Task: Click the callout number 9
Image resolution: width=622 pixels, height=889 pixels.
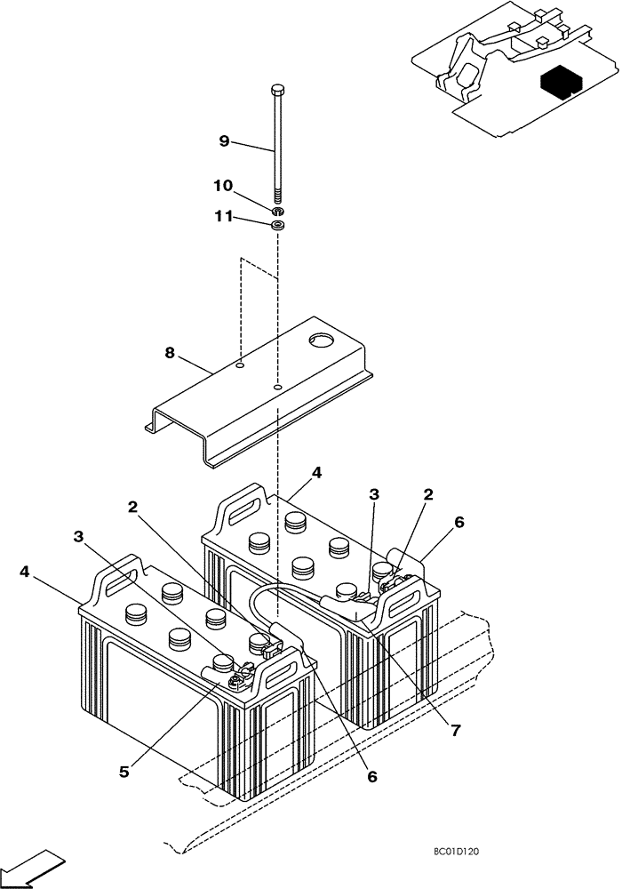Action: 224,140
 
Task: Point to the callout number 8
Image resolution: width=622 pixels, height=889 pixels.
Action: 170,352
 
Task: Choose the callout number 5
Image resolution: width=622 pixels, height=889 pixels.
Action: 125,772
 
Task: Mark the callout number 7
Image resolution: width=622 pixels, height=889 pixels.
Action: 455,730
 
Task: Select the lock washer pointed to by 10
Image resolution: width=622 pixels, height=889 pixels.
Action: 278,212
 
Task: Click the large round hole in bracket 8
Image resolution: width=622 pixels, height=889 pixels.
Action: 319,340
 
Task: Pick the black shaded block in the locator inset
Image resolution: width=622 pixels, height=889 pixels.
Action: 558,83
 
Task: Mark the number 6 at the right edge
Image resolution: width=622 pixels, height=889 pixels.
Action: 459,524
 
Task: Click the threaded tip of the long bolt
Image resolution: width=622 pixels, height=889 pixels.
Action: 278,197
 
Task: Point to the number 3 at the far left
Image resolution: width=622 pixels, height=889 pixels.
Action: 80,536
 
